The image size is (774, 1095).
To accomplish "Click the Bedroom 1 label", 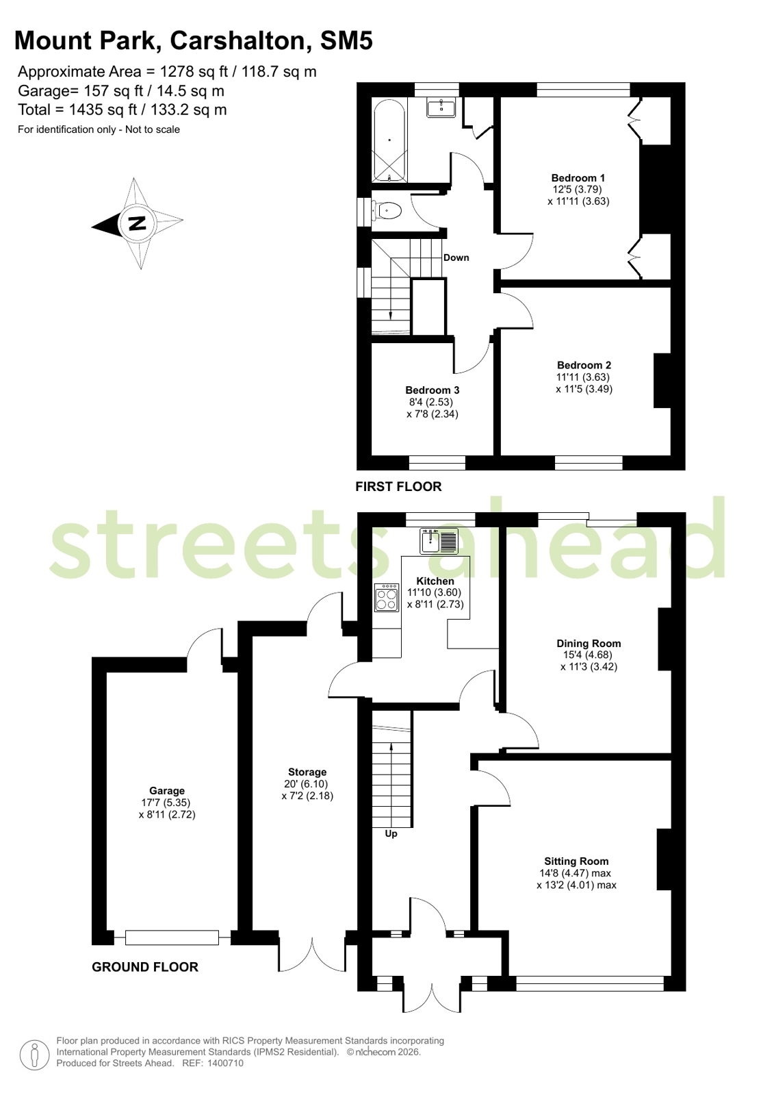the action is pyautogui.click(x=578, y=178).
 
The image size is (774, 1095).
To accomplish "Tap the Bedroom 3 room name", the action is pyautogui.click(x=433, y=390).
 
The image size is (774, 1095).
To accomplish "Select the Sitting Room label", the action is pyautogui.click(x=577, y=861).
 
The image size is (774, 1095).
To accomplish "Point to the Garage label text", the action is pyautogui.click(x=167, y=790).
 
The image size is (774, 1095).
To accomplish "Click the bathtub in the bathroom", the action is pyautogui.click(x=389, y=141).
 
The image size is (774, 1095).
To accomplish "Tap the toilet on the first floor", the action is pyautogui.click(x=387, y=211).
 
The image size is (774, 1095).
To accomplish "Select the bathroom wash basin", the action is pyautogui.click(x=441, y=108).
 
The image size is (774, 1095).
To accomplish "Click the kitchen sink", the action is pyautogui.click(x=439, y=541).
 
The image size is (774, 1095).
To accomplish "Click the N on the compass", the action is pyautogui.click(x=138, y=223).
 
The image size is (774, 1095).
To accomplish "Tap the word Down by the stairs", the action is pyautogui.click(x=456, y=257).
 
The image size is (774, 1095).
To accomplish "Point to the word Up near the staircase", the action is pyautogui.click(x=391, y=833).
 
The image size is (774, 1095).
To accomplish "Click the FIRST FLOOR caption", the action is pyautogui.click(x=398, y=486).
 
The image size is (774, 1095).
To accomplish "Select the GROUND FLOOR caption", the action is pyautogui.click(x=145, y=967).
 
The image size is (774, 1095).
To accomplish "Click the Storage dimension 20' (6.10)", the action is pyautogui.click(x=307, y=783).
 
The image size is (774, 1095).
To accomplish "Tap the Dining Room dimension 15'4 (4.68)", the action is pyautogui.click(x=588, y=655).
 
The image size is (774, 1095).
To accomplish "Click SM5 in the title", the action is pyautogui.click(x=346, y=40).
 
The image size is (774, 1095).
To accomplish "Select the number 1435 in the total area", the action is pyautogui.click(x=84, y=110).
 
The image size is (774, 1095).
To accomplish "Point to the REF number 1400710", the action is pyautogui.click(x=225, y=1063).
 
